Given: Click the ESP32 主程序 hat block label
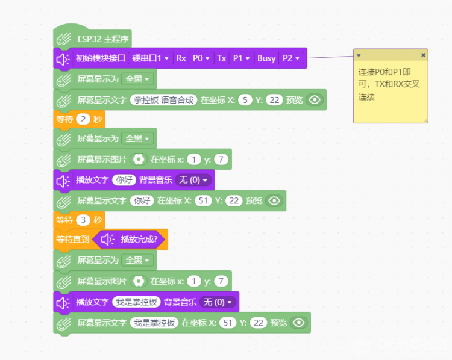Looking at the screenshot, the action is click(103, 39).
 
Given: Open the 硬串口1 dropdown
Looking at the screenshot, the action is click(151, 58).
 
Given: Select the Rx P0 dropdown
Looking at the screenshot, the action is click(201, 58).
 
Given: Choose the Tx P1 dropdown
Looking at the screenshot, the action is click(241, 58).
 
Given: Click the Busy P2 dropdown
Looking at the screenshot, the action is click(291, 58).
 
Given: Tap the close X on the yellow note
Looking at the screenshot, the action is click(423, 55).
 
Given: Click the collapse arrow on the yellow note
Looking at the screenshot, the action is click(359, 55).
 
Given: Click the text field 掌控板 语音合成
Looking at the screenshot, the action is click(164, 100).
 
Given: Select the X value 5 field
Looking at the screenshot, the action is click(245, 100).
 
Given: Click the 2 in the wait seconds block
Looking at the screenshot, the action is click(83, 119).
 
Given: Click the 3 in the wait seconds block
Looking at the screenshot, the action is click(83, 220).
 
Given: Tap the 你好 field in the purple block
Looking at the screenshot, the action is click(124, 180).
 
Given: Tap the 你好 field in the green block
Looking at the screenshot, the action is click(142, 200).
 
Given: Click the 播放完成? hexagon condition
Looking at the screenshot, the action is click(128, 239).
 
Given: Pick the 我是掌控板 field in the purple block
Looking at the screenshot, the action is click(136, 302).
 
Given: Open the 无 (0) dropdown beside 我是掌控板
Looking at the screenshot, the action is click(218, 302).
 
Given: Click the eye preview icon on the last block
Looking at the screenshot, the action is click(299, 323).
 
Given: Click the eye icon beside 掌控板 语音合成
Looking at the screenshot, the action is click(315, 100).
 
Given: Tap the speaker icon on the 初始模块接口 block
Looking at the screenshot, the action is click(63, 60).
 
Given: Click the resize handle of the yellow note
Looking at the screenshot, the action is click(425, 120).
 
